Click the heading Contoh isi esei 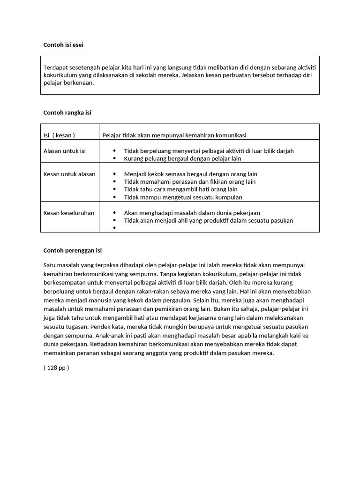[63, 45]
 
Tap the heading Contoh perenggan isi [72, 250]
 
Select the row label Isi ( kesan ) [59, 135]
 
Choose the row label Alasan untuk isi [65, 151]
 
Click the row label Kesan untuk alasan [69, 174]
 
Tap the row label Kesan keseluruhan [69, 213]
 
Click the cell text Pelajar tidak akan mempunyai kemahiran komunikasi [174, 135]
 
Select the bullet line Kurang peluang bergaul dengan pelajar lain [182, 158]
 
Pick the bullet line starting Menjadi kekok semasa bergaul [190, 174]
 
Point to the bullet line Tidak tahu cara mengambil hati [180, 189]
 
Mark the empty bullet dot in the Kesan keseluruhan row [114, 228]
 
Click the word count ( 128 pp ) [56, 367]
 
